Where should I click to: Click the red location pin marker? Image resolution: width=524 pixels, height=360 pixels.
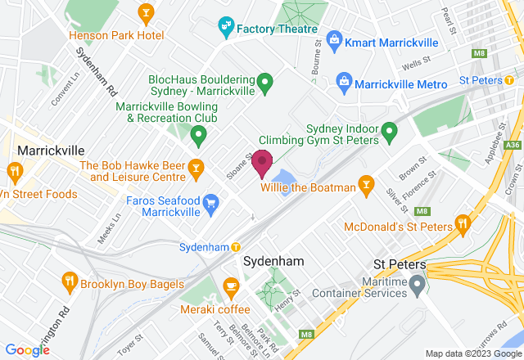pos(262,163)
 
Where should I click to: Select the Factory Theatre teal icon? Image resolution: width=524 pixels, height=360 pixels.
pos(225,29)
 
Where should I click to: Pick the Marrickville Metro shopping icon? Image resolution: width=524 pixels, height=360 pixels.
pos(344,83)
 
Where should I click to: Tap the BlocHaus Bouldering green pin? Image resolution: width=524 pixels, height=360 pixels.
pos(264,82)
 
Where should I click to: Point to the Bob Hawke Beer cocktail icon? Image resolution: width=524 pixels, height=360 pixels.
pos(196,169)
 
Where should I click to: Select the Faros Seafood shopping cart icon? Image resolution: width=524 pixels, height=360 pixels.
pos(211,203)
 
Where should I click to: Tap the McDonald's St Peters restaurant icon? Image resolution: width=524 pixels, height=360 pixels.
pos(463,223)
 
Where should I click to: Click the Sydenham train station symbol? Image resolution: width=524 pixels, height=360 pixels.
pos(236,247)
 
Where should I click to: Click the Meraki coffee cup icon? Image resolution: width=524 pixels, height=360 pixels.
pos(230,286)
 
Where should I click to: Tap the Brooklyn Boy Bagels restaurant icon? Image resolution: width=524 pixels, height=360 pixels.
pos(70,284)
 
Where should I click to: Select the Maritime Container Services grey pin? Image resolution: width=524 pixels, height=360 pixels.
pos(418,285)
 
